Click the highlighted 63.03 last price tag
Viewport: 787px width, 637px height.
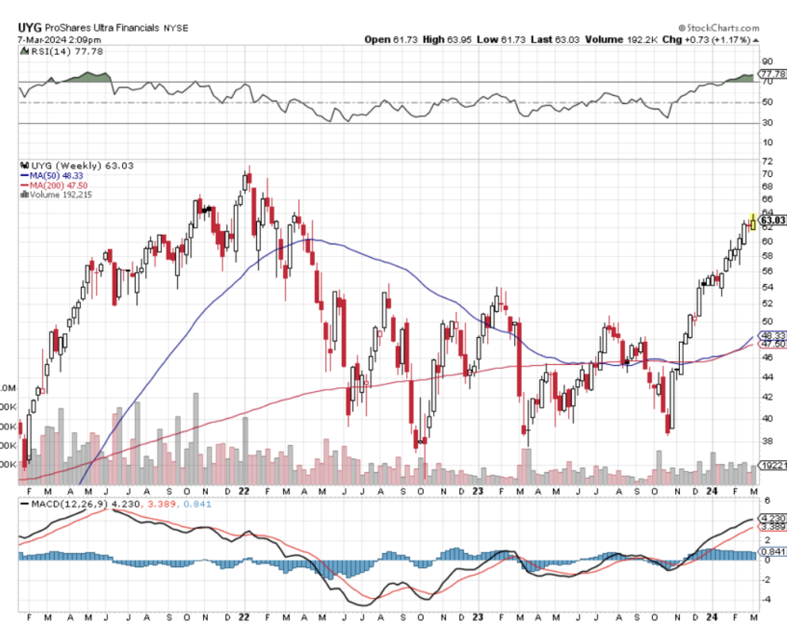click(773, 221)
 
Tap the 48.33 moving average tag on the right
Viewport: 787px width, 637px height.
click(773, 335)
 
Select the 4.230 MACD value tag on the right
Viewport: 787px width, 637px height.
click(774, 519)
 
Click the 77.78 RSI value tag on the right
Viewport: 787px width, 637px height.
click(773, 74)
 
